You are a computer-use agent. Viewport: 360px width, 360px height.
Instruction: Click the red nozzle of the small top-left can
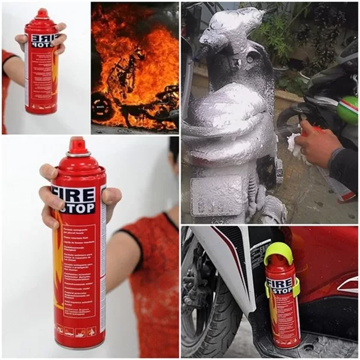click(x=42, y=13)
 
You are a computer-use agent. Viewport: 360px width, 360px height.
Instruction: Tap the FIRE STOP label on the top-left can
click(x=46, y=41)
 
